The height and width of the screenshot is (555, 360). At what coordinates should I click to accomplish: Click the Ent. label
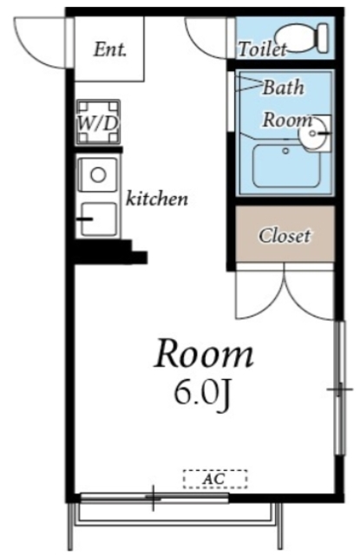[x=109, y=49]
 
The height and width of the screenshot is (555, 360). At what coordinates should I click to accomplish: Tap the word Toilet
[x=262, y=49]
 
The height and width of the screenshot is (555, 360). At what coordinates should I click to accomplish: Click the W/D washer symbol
[x=98, y=122]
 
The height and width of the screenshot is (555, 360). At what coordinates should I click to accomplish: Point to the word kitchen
[x=157, y=199]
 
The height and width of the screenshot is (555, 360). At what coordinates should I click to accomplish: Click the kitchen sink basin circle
[x=98, y=174]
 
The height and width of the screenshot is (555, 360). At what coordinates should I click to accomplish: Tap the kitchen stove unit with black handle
[x=98, y=219]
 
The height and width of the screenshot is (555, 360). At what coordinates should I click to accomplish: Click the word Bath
[x=283, y=87]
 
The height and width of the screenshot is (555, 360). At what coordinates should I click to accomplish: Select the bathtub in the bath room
[x=286, y=166]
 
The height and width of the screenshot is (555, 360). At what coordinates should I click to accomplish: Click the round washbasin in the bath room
[x=313, y=134]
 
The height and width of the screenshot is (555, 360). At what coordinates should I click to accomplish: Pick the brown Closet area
[x=285, y=234]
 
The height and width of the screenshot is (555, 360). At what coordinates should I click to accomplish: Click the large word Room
[x=204, y=353]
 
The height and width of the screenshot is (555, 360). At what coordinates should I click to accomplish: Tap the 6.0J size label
[x=202, y=395]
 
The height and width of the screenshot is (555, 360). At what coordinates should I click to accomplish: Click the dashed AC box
[x=215, y=479]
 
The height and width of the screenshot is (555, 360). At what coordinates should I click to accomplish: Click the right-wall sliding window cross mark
[x=339, y=389]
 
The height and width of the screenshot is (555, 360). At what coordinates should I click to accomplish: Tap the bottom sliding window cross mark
[x=153, y=498]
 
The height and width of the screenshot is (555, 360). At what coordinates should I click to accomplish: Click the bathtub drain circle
[x=286, y=151]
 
